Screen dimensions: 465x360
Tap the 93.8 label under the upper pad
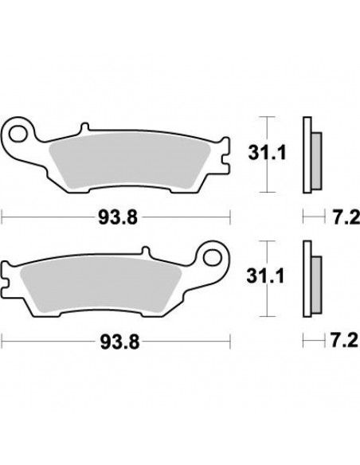(116, 216)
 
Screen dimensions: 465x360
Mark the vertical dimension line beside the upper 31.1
(266, 155)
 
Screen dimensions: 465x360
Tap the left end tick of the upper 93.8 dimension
(3, 216)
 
